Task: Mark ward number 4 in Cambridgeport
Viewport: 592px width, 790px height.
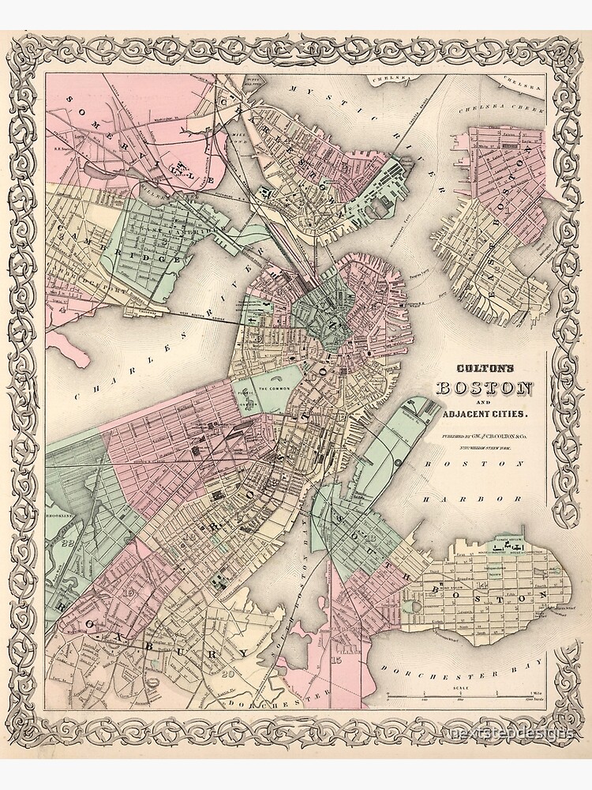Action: point(60,310)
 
